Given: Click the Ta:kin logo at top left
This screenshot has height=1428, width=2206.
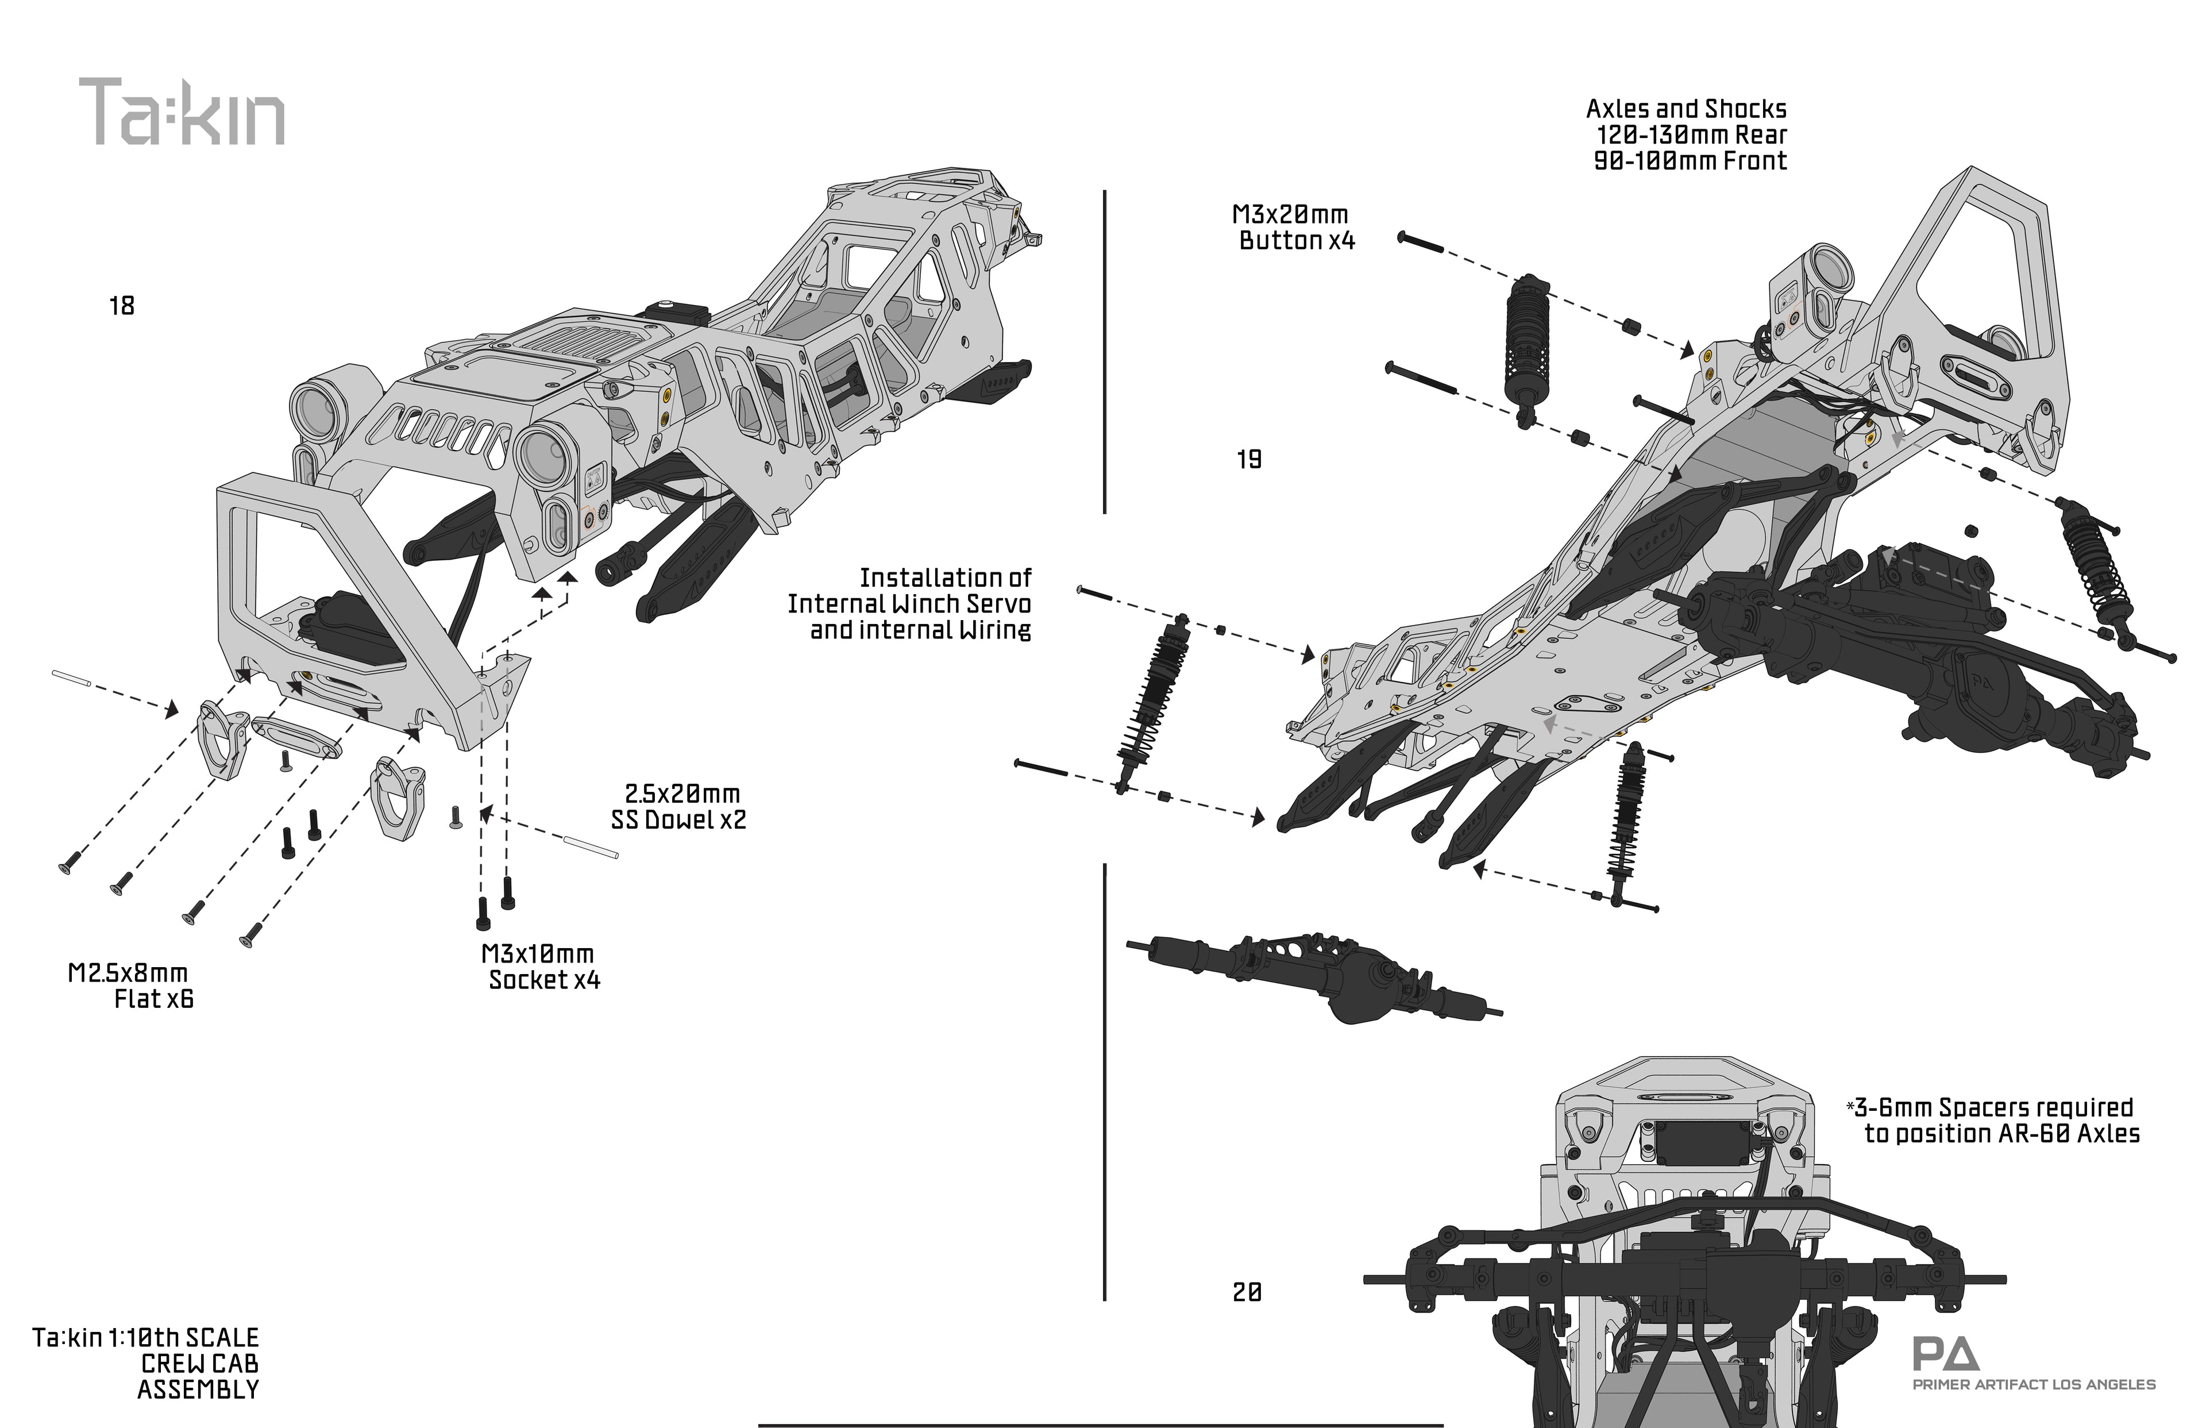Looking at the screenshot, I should tap(182, 112).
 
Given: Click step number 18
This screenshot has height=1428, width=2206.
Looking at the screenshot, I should tap(121, 306).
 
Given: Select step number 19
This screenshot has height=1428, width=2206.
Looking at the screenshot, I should tap(1248, 460).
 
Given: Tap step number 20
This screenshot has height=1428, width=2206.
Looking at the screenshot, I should tap(1247, 1292).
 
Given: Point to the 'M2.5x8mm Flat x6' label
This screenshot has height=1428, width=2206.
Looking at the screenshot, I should tap(130, 986).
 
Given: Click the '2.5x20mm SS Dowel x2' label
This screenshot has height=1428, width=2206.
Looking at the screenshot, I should tap(680, 807).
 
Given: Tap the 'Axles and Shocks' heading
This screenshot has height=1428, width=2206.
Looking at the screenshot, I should tap(1686, 109).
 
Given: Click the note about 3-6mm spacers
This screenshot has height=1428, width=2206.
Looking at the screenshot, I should tap(1993, 1120).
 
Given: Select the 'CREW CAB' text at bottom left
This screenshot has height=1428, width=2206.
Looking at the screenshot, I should tap(199, 1363).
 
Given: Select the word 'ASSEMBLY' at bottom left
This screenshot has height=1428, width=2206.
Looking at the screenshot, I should tap(198, 1389).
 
